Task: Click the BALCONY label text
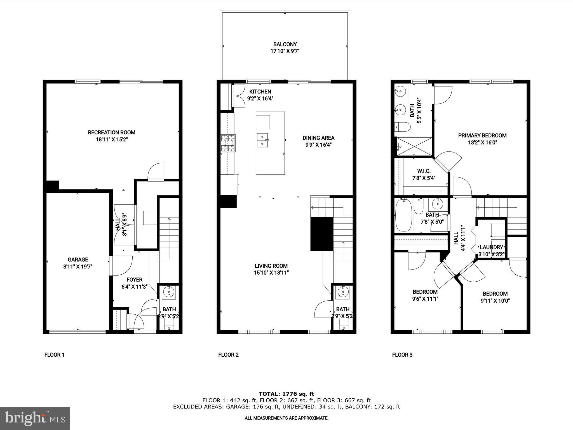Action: coord(285,44)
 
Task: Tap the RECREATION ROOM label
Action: coord(111,132)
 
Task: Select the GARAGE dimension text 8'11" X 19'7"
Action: coord(78,267)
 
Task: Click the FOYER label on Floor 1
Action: coord(134,280)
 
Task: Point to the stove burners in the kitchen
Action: coord(228,143)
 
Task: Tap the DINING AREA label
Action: coord(318,138)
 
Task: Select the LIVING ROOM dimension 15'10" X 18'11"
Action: coord(271,273)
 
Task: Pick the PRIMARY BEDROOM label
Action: coord(482,135)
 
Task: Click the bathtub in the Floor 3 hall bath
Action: coord(403,215)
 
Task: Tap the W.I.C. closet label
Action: coord(424,171)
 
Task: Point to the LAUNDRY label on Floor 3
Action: coord(491,247)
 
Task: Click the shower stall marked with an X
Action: coord(414,146)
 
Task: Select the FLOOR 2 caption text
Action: coord(228,355)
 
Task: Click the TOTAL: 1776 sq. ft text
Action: coord(286,394)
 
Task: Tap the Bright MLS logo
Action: coord(35,418)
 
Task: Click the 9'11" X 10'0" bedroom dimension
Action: coord(495,301)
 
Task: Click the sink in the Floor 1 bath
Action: coord(169,292)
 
